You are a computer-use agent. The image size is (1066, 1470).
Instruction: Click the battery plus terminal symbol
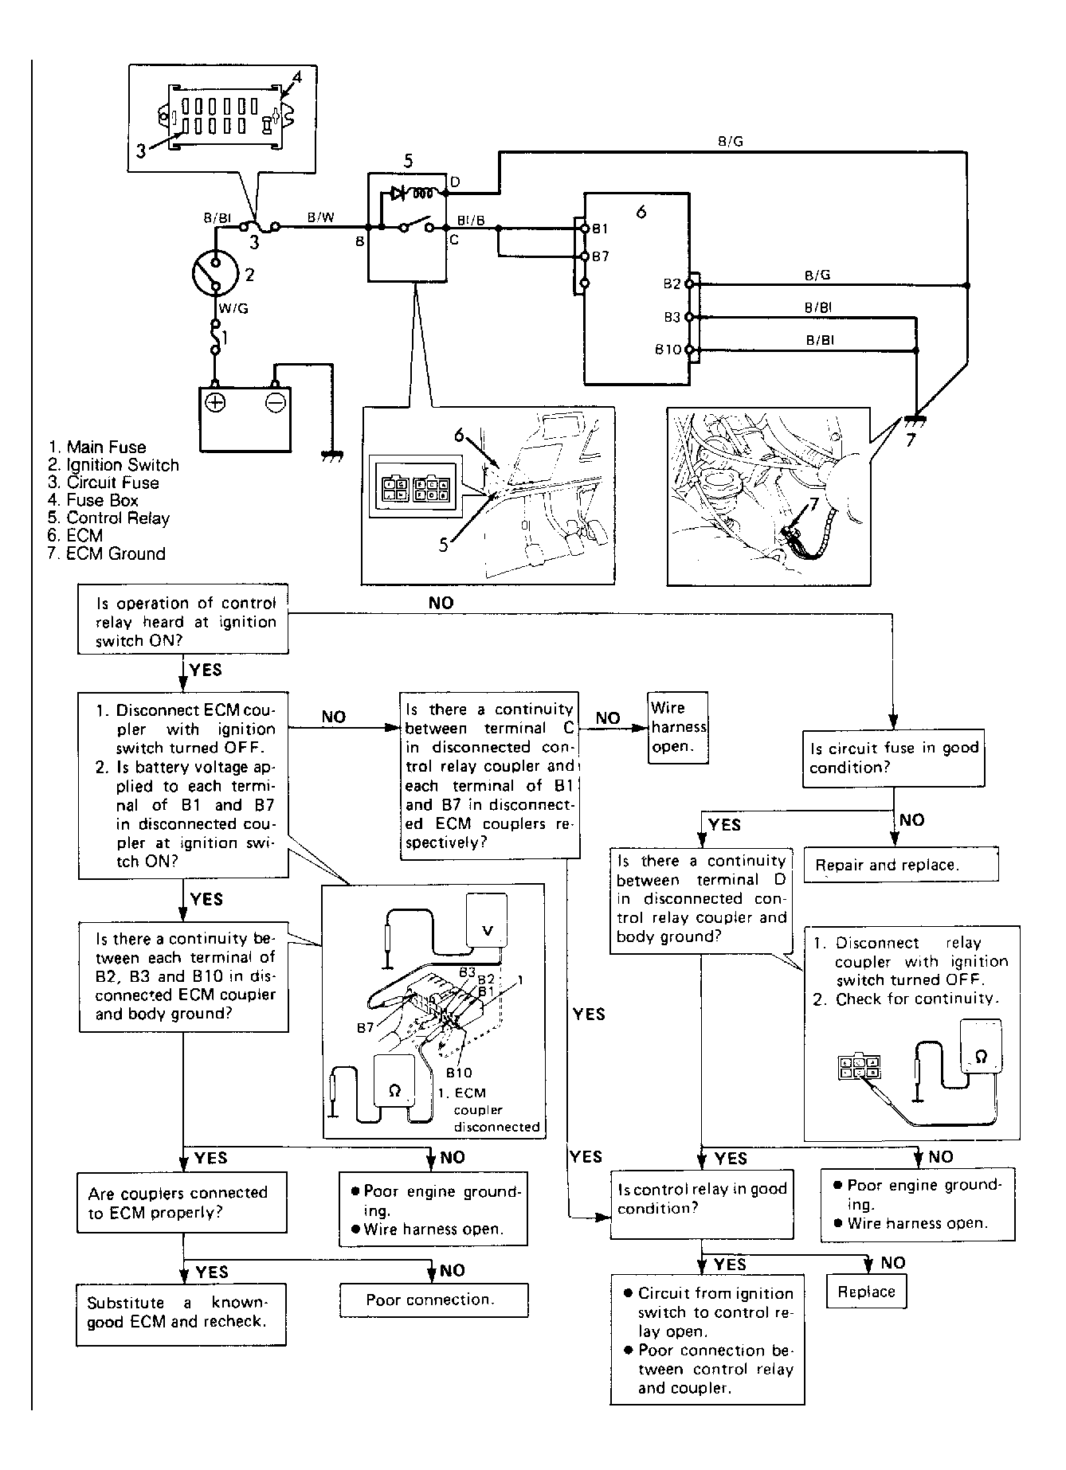pyautogui.click(x=214, y=403)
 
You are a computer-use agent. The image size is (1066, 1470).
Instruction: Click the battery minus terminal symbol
pyautogui.click(x=275, y=403)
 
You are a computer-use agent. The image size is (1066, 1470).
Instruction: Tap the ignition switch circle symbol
pyautogui.click(x=215, y=275)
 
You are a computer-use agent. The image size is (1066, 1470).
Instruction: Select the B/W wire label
pyautogui.click(x=321, y=217)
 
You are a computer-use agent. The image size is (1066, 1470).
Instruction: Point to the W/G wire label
pyautogui.click(x=233, y=308)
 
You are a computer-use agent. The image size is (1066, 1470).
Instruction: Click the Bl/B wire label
pyautogui.click(x=472, y=221)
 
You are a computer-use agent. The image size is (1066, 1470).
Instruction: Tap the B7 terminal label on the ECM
pyautogui.click(x=600, y=256)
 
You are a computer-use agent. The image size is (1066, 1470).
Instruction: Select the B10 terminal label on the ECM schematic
pyautogui.click(x=668, y=350)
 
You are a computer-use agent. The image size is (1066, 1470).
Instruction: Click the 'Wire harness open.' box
pyautogui.click(x=678, y=727)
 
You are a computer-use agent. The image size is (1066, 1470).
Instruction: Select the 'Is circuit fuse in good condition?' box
pyautogui.click(x=893, y=759)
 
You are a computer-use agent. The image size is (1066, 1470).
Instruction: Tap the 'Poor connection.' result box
pyautogui.click(x=433, y=1300)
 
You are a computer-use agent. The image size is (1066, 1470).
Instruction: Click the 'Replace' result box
pyautogui.click(x=866, y=1292)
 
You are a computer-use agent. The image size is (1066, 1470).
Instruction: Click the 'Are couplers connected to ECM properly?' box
pyautogui.click(x=182, y=1202)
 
